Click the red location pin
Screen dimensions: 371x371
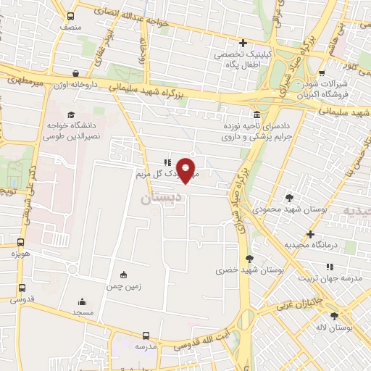187,170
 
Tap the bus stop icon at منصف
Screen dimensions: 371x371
70,16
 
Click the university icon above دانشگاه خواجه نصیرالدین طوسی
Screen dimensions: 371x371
70,114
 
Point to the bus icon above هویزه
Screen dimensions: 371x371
21,243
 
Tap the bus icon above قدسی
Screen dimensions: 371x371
21,287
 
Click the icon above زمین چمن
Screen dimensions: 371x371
122,275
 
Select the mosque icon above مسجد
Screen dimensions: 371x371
81,301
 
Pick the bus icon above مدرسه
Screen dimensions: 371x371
146,335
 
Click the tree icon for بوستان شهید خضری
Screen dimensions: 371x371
250,259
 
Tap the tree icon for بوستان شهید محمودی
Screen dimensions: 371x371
289,197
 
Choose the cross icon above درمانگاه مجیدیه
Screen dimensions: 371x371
310,235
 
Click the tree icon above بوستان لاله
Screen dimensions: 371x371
334,316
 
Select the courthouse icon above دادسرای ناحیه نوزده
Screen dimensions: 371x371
257,114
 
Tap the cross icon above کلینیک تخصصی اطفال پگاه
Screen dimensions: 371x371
243,43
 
